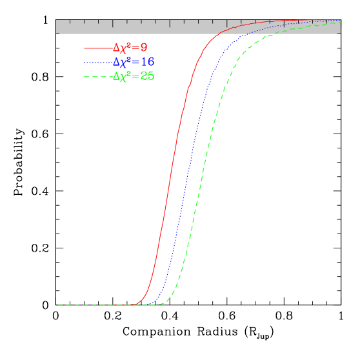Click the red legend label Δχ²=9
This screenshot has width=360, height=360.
[130, 48]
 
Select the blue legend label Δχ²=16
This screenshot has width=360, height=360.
[133, 62]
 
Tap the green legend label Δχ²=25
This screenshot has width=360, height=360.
[133, 76]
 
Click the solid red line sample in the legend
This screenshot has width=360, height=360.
[97, 48]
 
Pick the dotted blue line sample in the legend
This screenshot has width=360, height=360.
[97, 63]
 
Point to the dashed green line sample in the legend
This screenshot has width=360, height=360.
[97, 77]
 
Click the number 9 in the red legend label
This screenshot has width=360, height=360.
[144, 48]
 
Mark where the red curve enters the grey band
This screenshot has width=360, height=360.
[219, 34]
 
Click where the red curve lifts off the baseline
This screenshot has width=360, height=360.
[136, 304]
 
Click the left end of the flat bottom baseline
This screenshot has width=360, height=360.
[57, 305]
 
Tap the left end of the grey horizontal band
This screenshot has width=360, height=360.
[57, 26]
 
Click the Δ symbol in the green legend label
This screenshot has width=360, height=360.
[116, 76]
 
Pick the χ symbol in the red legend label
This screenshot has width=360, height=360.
[124, 49]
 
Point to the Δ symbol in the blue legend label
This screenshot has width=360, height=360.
[116, 62]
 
